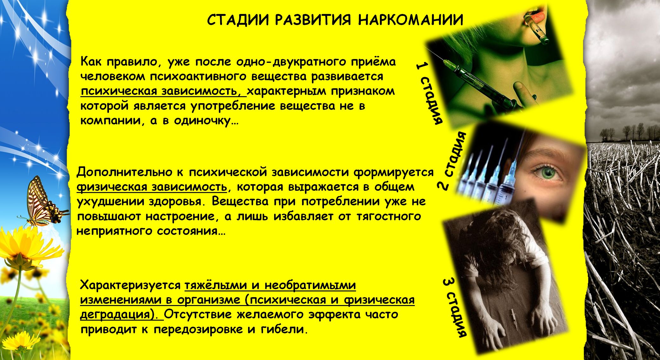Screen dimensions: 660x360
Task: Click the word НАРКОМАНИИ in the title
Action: [411, 20]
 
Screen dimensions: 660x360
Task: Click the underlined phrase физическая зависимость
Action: [152, 187]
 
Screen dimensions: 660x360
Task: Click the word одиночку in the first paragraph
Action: [202, 121]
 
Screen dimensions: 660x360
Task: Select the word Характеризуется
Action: [130, 285]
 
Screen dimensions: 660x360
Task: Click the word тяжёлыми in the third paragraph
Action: [216, 285]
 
